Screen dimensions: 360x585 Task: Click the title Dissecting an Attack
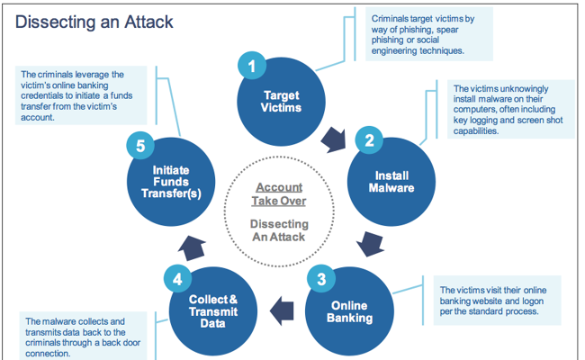(94, 21)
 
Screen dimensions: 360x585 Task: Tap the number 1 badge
(253, 65)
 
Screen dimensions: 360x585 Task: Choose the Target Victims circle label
(282, 101)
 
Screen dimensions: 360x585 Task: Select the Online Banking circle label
(348, 310)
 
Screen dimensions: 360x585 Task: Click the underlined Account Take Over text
(278, 194)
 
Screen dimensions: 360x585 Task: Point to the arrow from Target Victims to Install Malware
(336, 138)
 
